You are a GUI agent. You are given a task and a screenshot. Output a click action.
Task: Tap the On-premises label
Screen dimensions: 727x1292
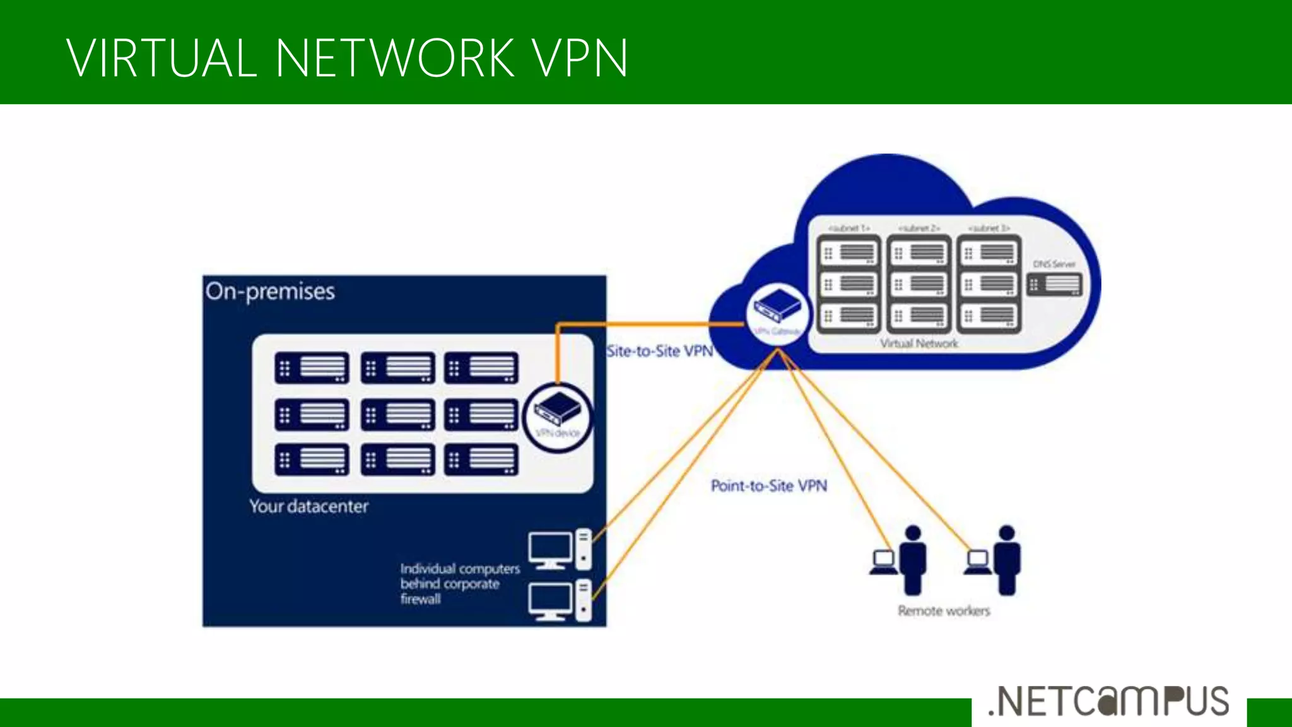pyautogui.click(x=270, y=292)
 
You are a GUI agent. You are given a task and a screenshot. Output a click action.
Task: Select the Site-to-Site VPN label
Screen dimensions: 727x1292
pyautogui.click(x=659, y=352)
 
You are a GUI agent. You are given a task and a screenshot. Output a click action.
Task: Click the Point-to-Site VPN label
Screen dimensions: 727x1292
pyautogui.click(x=768, y=486)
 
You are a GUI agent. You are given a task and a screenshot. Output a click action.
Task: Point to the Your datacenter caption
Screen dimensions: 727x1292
pyautogui.click(x=308, y=506)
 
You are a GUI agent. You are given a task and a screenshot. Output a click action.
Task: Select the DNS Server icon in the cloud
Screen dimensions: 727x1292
pyautogui.click(x=1054, y=285)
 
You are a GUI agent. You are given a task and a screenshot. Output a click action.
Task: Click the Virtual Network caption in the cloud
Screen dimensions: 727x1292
pyautogui.click(x=919, y=344)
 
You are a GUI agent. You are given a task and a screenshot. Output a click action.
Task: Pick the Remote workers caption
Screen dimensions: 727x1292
pyautogui.click(x=944, y=611)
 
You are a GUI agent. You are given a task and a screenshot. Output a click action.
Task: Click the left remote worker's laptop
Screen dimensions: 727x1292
pyautogui.click(x=883, y=561)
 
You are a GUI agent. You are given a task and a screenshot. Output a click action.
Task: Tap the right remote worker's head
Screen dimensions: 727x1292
pyautogui.click(x=1007, y=533)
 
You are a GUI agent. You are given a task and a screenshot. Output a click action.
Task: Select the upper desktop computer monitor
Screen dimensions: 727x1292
pyautogui.click(x=549, y=547)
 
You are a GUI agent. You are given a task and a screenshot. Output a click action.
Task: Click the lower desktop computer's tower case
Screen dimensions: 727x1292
pyautogui.click(x=584, y=600)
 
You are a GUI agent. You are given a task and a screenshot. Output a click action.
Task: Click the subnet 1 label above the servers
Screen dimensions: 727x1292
pyautogui.click(x=849, y=228)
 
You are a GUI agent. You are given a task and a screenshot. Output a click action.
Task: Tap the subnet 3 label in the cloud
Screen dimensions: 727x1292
pyautogui.click(x=989, y=228)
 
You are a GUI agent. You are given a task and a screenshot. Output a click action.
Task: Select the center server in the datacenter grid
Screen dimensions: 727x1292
pyautogui.click(x=397, y=415)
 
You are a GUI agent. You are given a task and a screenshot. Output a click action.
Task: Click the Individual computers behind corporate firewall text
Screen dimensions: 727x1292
pyautogui.click(x=459, y=584)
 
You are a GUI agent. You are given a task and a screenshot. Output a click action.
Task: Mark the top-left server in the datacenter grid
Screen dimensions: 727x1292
pyautogui.click(x=312, y=367)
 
